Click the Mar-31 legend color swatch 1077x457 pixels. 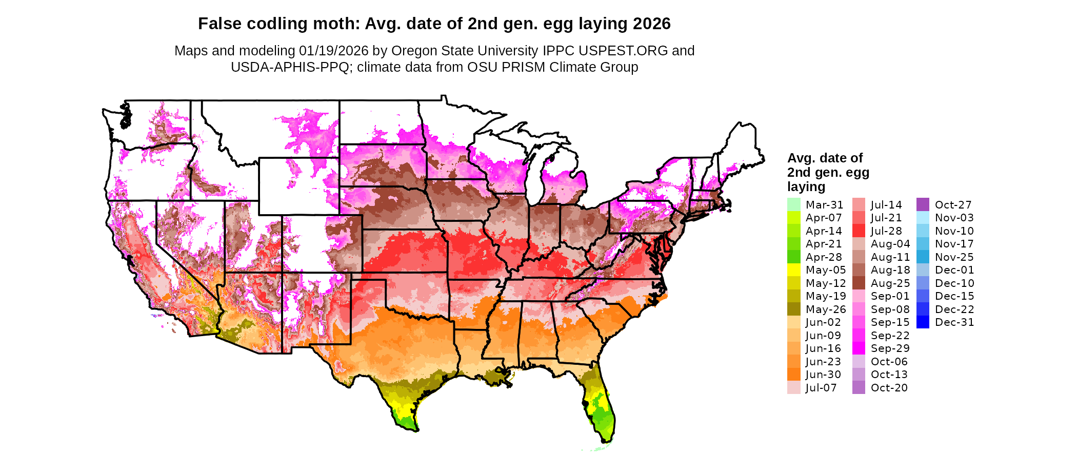pyautogui.click(x=793, y=204)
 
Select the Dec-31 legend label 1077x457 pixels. pyautogui.click(x=954, y=322)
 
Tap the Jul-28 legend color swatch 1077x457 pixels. pyautogui.click(x=859, y=231)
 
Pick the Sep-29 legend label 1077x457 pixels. pyautogui.click(x=890, y=348)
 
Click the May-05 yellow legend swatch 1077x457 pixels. pyautogui.click(x=793, y=270)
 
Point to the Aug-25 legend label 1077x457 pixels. pyautogui.click(x=890, y=283)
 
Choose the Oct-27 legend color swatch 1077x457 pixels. pyautogui.click(x=923, y=204)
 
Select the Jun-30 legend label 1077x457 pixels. pyautogui.click(x=823, y=375)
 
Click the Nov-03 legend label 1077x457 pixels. pyautogui.click(x=954, y=218)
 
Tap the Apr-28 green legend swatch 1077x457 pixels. pyautogui.click(x=793, y=257)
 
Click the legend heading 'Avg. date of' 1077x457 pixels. pyautogui.click(x=825, y=158)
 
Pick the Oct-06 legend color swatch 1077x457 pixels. pyautogui.click(x=859, y=362)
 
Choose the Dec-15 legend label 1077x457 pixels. pyautogui.click(x=954, y=296)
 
